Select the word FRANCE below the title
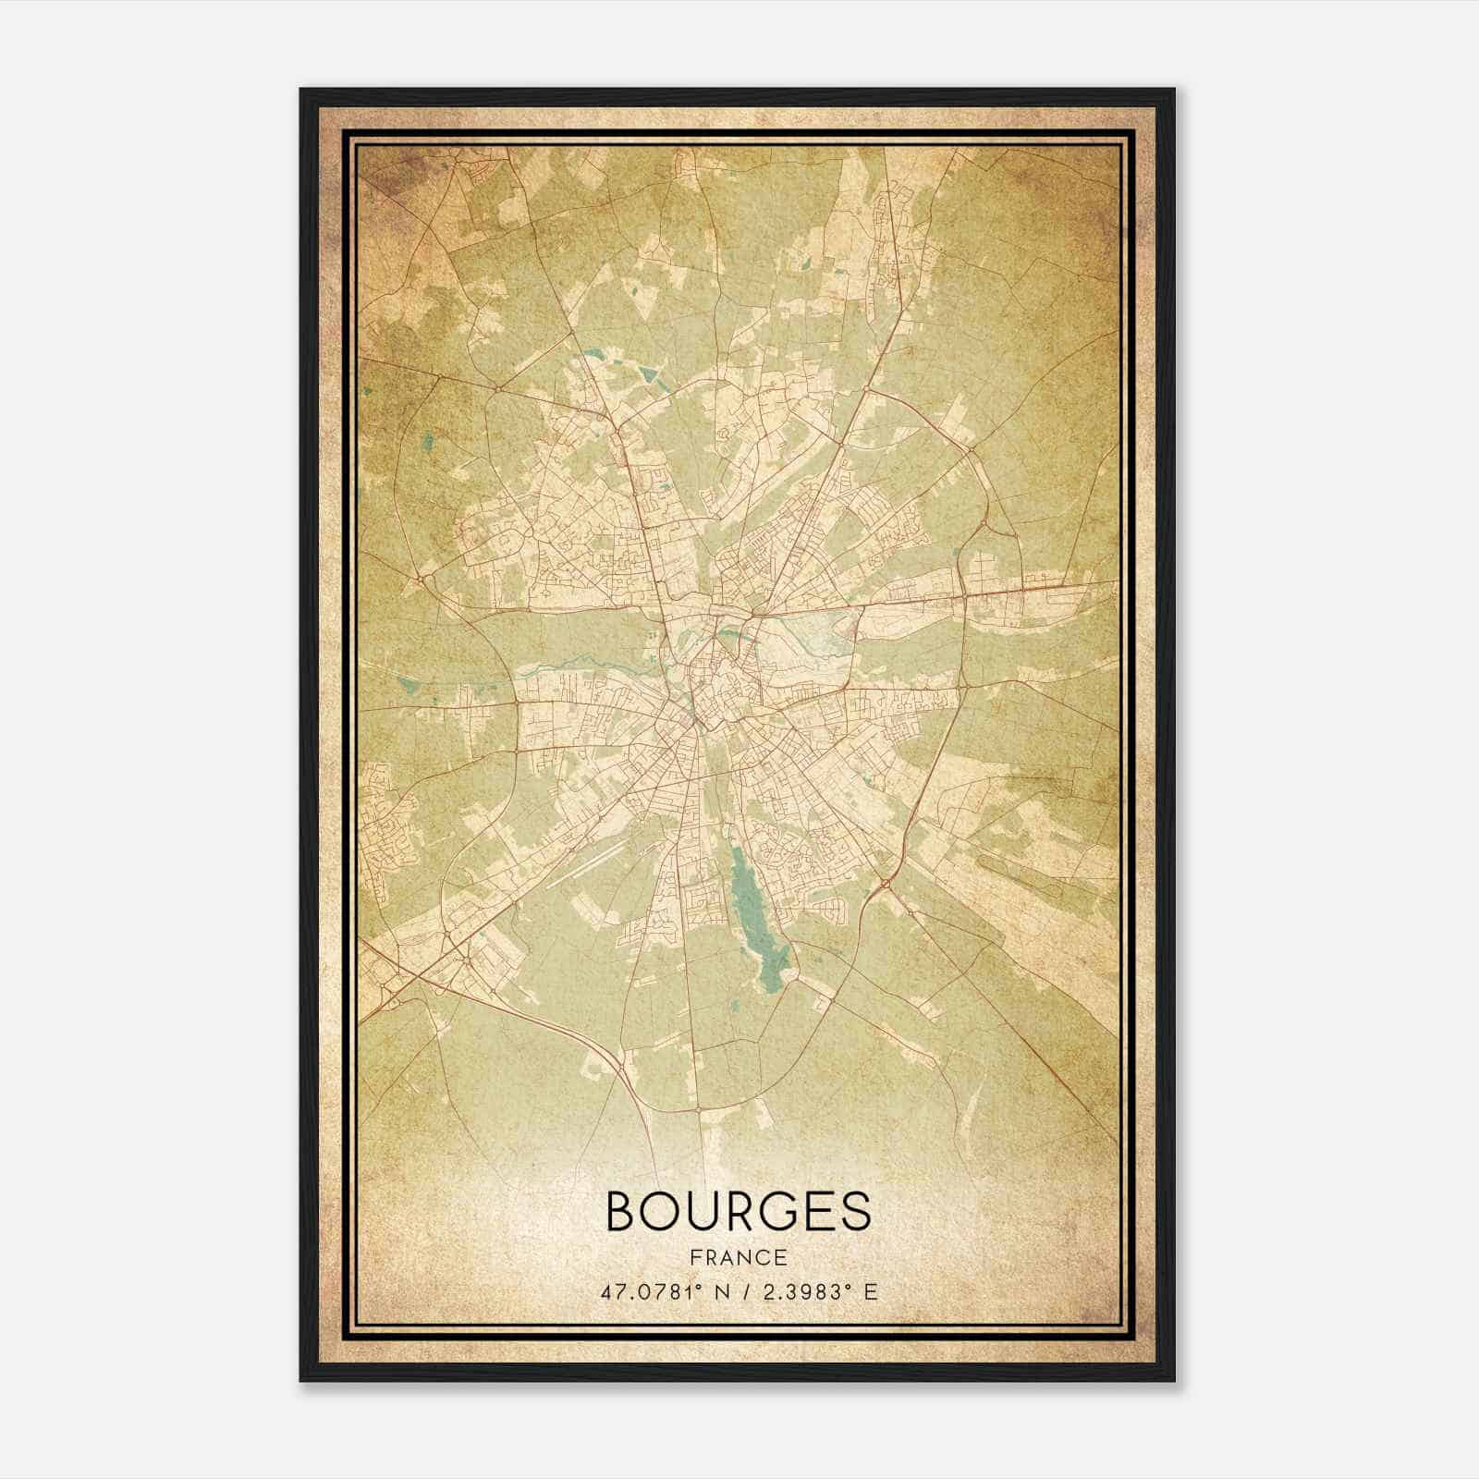tap(737, 1258)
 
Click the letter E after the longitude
tap(870, 1292)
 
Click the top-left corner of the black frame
tap(301, 90)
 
